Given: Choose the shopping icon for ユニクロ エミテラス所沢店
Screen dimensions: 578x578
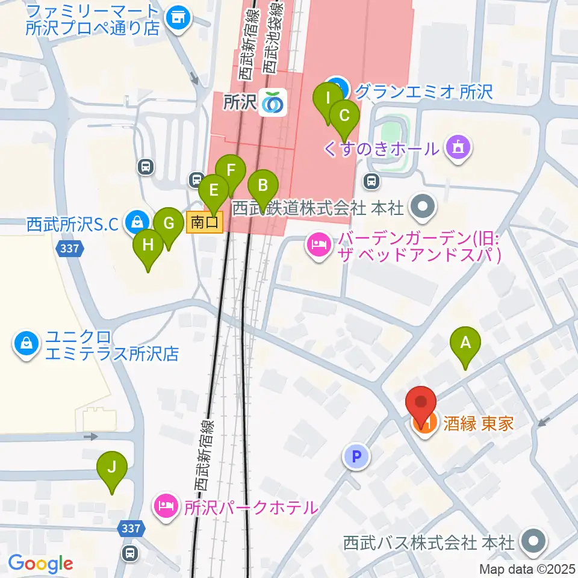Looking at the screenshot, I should (26, 344).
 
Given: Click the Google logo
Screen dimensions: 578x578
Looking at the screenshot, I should (40, 564).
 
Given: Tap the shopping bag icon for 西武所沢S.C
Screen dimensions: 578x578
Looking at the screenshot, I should (137, 223).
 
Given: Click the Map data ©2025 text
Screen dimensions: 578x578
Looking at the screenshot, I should (527, 568).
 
